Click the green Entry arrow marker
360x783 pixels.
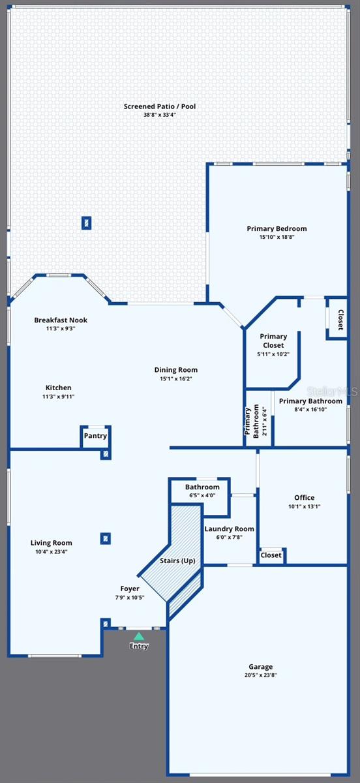(x=138, y=636)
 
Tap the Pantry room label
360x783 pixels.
(x=95, y=436)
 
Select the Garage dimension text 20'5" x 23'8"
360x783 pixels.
(x=260, y=675)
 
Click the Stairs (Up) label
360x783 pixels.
(x=177, y=560)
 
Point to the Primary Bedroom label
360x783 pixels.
(x=277, y=228)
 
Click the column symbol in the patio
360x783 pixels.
(x=86, y=223)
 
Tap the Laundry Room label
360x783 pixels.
(x=229, y=529)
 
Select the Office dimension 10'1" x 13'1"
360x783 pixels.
(x=304, y=506)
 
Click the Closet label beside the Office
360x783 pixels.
(x=271, y=555)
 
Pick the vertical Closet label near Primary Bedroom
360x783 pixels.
(x=340, y=320)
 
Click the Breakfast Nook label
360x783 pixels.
(x=61, y=320)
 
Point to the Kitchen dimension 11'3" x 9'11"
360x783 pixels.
(x=59, y=396)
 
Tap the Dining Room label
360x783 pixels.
(x=176, y=370)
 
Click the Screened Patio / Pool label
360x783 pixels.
(x=160, y=106)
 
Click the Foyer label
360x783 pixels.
(x=130, y=589)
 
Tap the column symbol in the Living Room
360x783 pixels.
(x=105, y=538)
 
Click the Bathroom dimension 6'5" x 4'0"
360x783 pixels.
(x=202, y=495)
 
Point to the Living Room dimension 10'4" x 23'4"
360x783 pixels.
(x=52, y=551)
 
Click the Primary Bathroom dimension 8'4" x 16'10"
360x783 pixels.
(x=310, y=410)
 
